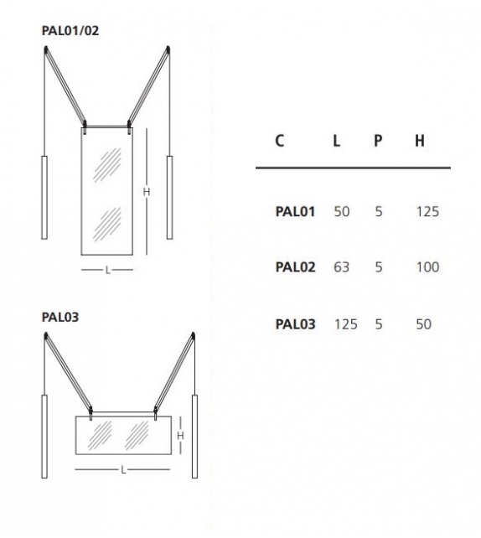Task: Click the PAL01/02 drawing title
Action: point(71,31)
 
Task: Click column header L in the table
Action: point(336,141)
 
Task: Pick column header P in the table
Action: point(378,141)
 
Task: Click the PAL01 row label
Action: point(295,212)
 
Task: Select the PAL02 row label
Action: point(295,267)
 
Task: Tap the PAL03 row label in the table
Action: point(295,323)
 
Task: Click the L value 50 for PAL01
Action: point(341,212)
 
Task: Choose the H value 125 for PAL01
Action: point(427,212)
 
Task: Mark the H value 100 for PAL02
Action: point(427,267)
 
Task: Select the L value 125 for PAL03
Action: point(345,323)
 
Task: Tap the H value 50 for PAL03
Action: point(423,323)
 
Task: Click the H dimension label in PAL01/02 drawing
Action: point(147,192)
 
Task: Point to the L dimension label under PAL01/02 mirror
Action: point(107,270)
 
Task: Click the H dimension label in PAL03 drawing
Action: point(180,436)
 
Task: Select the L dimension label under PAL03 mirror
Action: point(123,470)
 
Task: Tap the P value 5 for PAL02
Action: point(379,267)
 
